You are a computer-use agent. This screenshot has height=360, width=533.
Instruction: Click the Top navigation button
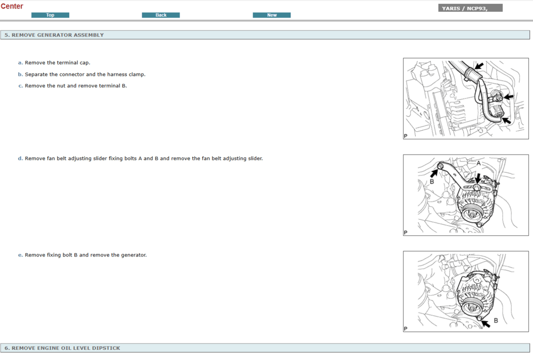50,15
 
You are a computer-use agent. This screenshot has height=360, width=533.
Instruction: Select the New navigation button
272,15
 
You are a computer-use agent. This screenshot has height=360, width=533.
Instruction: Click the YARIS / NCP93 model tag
470,8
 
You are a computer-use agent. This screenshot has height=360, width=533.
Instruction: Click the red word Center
12,6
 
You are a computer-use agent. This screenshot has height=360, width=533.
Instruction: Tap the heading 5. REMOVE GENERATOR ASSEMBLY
54,35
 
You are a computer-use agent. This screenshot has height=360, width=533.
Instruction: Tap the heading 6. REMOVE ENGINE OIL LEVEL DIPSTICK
62,348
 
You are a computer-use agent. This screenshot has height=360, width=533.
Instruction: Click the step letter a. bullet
20,63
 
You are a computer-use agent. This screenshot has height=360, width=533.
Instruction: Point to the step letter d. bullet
20,158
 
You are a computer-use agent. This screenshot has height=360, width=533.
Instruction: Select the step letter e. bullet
20,255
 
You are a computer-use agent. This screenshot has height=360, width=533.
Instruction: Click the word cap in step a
85,63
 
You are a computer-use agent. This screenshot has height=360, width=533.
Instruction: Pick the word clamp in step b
137,75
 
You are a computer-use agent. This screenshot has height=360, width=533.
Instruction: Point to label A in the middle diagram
479,163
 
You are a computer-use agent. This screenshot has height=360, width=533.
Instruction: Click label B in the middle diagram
432,181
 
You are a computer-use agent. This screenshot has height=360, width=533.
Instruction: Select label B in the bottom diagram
496,321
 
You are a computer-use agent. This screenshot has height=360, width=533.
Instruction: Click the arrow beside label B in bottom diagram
486,323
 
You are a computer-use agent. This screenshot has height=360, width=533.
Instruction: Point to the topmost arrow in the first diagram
479,66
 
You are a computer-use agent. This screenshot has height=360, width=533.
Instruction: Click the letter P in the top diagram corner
406,136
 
